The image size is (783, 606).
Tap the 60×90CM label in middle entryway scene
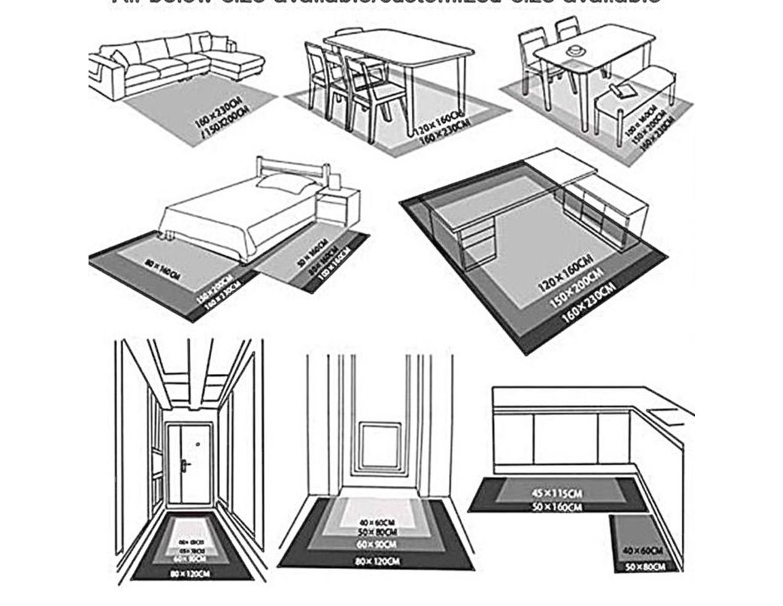click(x=377, y=545)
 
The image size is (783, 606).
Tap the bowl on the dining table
click(x=574, y=48)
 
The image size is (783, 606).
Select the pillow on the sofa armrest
click(x=119, y=59)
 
